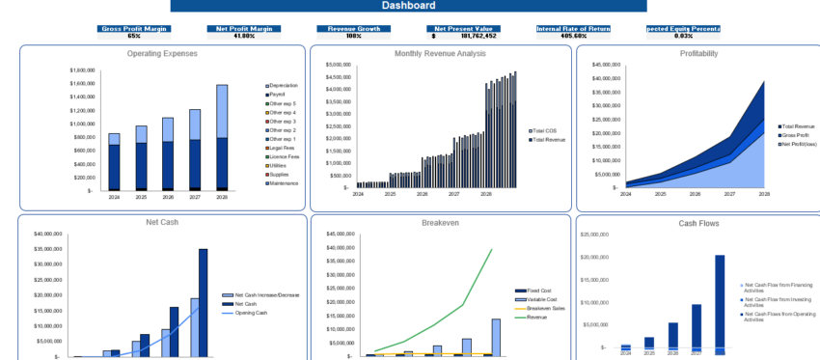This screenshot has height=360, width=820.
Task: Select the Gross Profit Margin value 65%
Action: (134, 36)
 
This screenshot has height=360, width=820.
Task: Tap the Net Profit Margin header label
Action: (244, 28)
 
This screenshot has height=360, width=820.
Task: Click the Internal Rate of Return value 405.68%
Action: (574, 36)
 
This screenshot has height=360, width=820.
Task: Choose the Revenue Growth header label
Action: (353, 28)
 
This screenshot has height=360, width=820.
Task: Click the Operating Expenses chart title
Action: (162, 54)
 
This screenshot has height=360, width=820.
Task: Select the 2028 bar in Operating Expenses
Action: (222, 136)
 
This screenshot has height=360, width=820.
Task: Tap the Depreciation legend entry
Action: (283, 86)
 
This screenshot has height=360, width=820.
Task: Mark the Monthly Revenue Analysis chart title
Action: (440, 54)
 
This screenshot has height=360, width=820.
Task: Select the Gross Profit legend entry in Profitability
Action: (797, 135)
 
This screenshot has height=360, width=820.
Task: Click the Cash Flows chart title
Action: (697, 223)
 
